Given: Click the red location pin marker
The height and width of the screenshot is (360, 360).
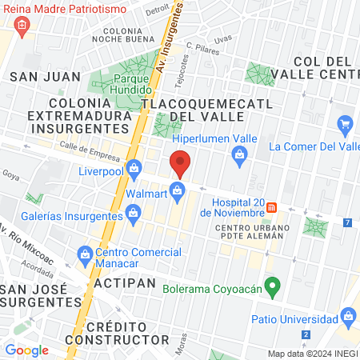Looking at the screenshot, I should tap(180, 165).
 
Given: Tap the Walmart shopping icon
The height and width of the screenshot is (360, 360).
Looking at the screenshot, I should tap(178, 190).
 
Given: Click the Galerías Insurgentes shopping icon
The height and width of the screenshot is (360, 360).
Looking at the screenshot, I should tap(133, 212).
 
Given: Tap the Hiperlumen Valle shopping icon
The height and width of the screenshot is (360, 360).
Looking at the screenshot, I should tap(238, 154).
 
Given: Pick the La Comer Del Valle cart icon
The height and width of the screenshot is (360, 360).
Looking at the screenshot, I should tap(346, 124).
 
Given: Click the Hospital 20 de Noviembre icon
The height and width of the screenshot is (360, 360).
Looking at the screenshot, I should tap(272, 207).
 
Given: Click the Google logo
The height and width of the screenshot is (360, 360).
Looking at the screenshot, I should tap(26, 350).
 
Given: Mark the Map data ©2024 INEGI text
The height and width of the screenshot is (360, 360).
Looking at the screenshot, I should tap(312, 354).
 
